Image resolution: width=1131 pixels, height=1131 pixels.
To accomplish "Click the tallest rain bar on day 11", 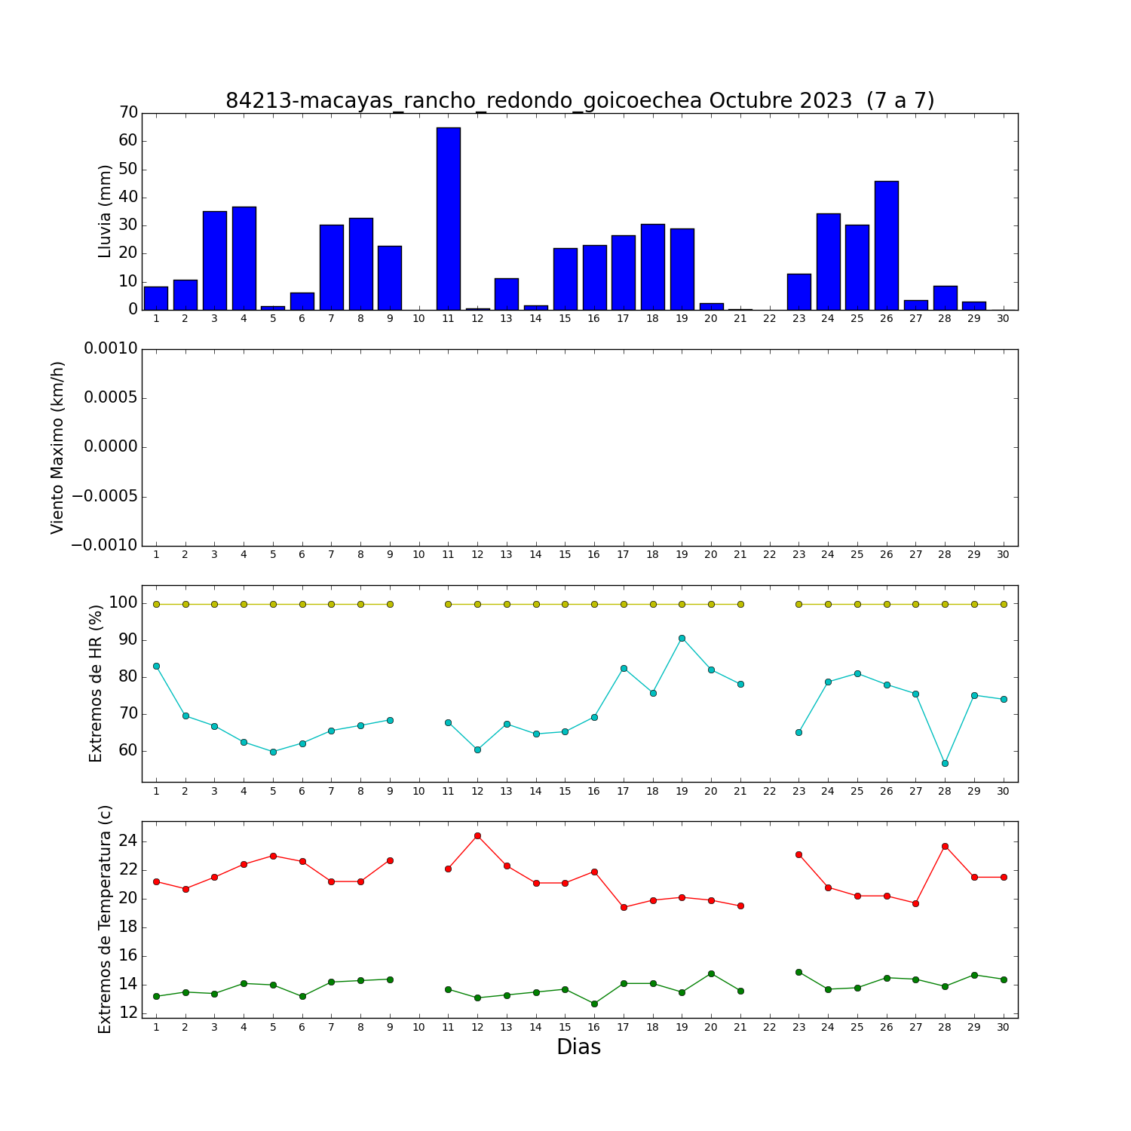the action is [448, 219].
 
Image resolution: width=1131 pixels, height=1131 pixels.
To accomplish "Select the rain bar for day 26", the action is [887, 246].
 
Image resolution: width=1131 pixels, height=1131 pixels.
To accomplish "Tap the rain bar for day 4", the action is [244, 259].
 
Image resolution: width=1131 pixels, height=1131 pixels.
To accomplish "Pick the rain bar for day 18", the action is [653, 267].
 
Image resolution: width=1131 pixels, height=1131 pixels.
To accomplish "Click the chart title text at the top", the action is [580, 100].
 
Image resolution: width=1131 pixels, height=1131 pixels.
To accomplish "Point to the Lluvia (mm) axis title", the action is [105, 211].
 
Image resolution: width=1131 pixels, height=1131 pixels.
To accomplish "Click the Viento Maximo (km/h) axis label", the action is [57, 448].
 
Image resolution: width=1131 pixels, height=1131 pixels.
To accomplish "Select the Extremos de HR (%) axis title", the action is [96, 683].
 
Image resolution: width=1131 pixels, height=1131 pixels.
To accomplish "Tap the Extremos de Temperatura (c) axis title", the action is [105, 919].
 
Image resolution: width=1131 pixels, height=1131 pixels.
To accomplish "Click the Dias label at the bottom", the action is [579, 1047].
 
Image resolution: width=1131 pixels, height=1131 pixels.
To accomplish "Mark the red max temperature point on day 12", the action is [477, 835].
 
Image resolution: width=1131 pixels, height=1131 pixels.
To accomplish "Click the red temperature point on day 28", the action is [945, 846].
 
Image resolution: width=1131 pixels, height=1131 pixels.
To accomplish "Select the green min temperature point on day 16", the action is [594, 1004].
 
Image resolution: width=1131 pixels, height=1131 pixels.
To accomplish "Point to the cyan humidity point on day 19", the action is [682, 638].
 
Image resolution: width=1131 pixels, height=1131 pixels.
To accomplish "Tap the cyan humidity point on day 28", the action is [945, 763].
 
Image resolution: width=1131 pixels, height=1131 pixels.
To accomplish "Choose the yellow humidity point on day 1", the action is [156, 604].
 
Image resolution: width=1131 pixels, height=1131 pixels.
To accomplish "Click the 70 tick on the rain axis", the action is [129, 113].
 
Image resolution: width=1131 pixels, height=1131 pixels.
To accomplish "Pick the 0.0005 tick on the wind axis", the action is [111, 398].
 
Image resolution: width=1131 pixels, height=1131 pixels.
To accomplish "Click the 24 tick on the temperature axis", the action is [129, 841].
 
